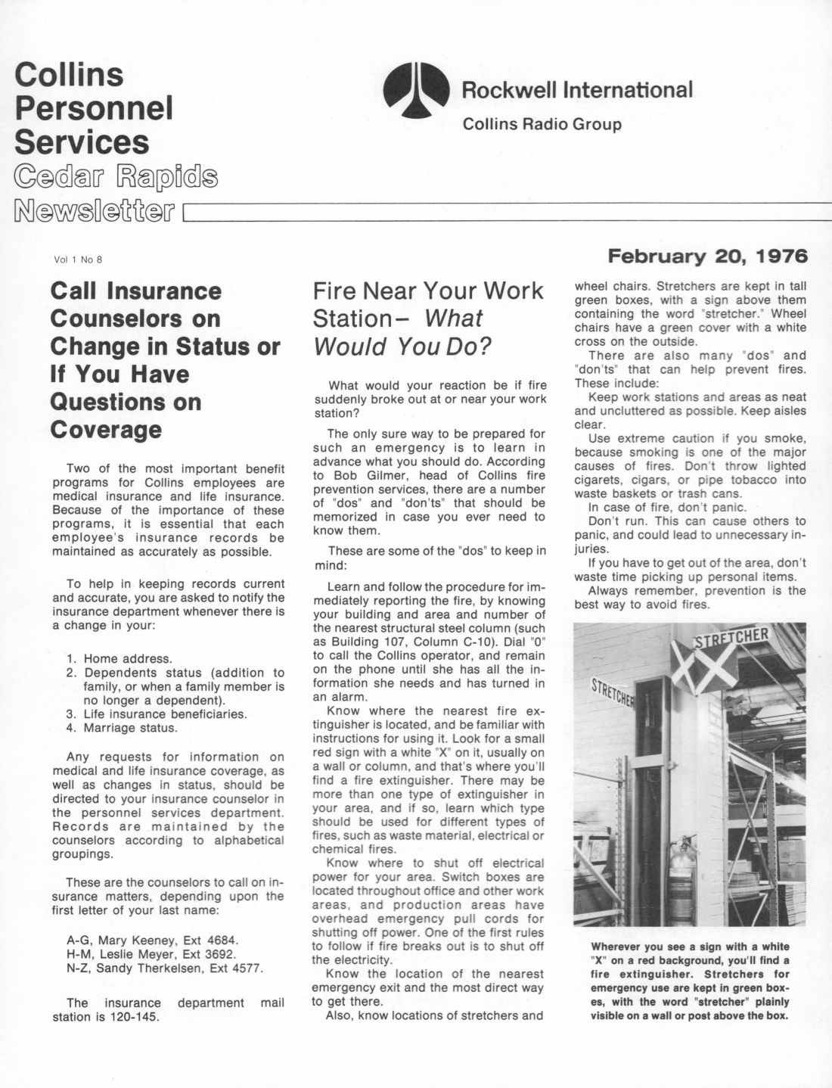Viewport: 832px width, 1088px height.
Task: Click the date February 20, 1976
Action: tap(708, 256)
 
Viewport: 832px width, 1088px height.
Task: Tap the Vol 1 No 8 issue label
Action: tap(78, 260)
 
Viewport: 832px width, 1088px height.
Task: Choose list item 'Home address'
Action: tap(127, 658)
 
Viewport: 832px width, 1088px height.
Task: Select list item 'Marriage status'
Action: tap(130, 728)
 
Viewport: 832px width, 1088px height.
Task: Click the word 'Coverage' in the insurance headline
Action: tap(106, 429)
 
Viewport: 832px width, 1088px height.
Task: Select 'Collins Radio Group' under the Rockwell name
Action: tap(542, 124)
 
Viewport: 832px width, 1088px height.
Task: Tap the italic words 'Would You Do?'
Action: tap(402, 347)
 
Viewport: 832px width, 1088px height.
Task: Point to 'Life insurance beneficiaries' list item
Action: tap(165, 713)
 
